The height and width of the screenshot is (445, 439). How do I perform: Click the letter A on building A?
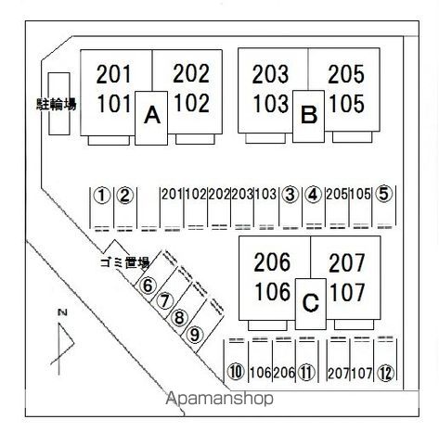click(x=152, y=115)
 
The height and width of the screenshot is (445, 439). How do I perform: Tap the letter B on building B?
click(x=309, y=114)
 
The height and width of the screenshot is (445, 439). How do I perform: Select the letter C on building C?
click(x=310, y=302)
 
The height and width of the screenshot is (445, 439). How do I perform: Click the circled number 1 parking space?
click(x=102, y=196)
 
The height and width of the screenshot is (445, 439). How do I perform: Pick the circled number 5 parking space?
click(x=383, y=195)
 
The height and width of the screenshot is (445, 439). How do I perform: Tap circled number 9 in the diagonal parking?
click(x=195, y=335)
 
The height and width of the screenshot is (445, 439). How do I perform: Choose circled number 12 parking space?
click(x=385, y=373)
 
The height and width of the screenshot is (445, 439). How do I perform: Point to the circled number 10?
click(x=236, y=372)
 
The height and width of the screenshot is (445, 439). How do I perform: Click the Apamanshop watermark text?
click(x=220, y=399)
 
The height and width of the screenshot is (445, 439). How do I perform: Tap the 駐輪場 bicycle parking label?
click(x=56, y=104)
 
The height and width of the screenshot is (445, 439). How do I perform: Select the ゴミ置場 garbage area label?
click(x=124, y=262)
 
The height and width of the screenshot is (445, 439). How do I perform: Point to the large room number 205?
click(x=346, y=74)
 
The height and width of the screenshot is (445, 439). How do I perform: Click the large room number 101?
click(x=114, y=104)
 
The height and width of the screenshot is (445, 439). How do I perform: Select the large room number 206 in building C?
click(x=272, y=262)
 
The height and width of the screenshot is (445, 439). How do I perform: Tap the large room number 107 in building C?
click(x=347, y=292)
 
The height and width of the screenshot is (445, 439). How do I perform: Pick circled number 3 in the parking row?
click(x=291, y=195)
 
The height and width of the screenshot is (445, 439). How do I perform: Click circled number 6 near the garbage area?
click(x=148, y=286)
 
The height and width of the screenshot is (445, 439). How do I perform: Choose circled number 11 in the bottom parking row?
click(x=306, y=373)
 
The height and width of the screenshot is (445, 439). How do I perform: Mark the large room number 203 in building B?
click(x=270, y=74)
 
